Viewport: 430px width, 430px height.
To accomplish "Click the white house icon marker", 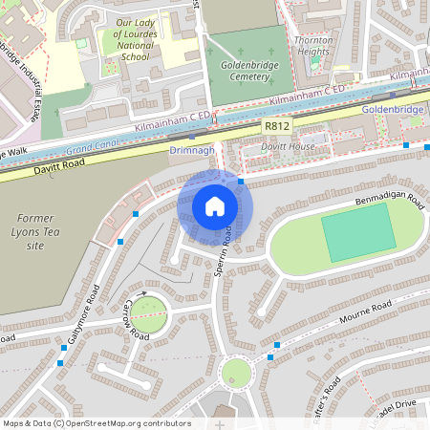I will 215,206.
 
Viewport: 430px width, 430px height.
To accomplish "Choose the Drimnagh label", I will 191,150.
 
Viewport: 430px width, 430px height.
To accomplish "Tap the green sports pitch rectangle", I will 355,235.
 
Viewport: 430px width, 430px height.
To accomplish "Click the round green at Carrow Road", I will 148,310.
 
